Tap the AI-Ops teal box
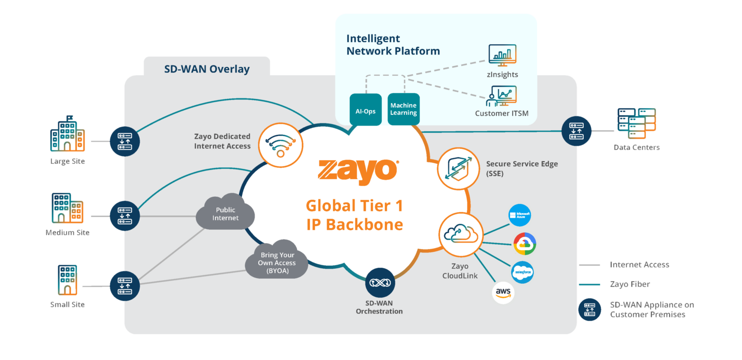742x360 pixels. [x=365, y=110]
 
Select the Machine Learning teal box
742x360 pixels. [x=403, y=109]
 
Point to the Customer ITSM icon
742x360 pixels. [x=501, y=97]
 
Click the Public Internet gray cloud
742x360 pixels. [x=225, y=213]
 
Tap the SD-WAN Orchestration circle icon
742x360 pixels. [x=380, y=283]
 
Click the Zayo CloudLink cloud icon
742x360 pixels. [x=461, y=234]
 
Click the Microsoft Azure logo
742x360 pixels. [x=519, y=215]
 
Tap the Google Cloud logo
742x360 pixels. [x=525, y=244]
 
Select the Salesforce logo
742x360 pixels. [x=522, y=272]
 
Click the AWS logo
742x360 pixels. [x=503, y=293]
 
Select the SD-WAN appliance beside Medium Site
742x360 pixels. [x=125, y=215]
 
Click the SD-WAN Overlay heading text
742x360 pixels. [x=207, y=69]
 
